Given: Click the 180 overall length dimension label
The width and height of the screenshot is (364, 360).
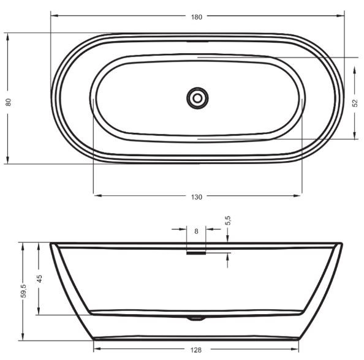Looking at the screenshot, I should (196, 17).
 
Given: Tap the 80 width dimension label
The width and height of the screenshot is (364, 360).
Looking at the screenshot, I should (9, 102).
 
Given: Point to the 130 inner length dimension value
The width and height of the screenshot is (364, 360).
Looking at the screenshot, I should (196, 197).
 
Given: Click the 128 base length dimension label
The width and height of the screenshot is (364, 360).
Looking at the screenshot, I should (196, 350).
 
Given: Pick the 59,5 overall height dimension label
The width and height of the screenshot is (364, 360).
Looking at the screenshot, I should (23, 291).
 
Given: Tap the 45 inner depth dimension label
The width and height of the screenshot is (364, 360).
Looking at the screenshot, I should (40, 279).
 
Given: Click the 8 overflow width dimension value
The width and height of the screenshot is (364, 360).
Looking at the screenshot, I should (196, 231).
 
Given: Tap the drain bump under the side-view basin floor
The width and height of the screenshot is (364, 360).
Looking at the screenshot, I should (196, 318).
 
